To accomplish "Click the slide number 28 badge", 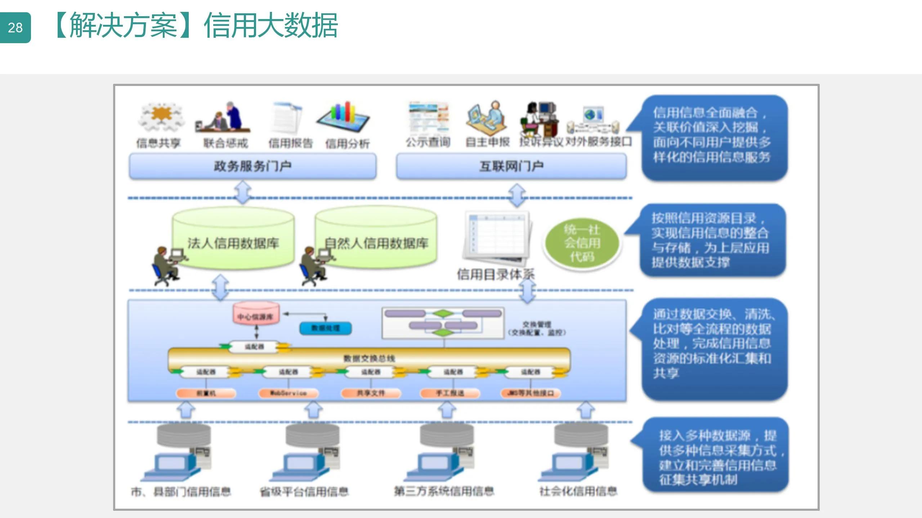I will click(15, 28).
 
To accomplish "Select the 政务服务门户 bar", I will click(252, 166).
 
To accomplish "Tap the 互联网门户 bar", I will click(511, 166).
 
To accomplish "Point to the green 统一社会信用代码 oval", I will click(582, 243).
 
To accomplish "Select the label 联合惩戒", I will click(226, 143).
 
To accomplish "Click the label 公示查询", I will click(428, 142).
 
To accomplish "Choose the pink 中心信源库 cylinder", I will click(256, 314).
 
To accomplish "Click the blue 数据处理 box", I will click(326, 328).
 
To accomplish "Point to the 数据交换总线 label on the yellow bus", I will click(369, 358).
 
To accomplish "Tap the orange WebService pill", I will click(288, 393).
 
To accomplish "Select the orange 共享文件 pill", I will click(371, 393).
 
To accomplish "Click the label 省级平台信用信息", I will click(304, 491).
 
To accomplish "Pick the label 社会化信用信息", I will click(578, 491).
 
